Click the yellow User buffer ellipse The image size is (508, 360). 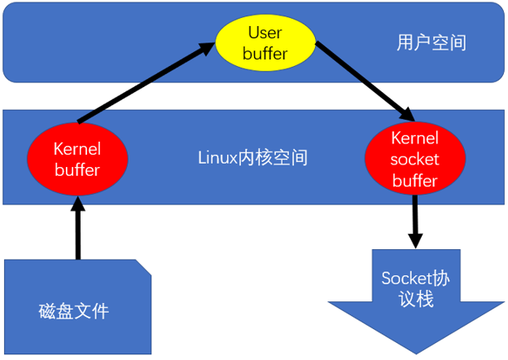tap(265, 43)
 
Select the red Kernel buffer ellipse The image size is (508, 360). tap(77, 159)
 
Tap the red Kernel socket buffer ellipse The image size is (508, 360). tap(414, 159)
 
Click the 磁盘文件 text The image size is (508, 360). tap(73, 311)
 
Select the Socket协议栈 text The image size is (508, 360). tap(415, 288)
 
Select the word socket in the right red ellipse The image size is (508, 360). tap(414, 160)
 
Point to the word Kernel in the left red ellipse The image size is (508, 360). tap(77, 149)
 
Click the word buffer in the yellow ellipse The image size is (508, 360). tap(265, 53)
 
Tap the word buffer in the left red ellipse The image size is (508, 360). tap(77, 169)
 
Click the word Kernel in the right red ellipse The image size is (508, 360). tap(414, 139)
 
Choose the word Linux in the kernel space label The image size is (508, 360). tap(216, 157)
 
